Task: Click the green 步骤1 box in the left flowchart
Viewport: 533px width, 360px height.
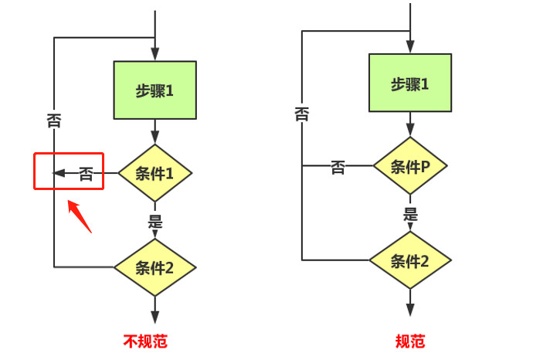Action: click(154, 90)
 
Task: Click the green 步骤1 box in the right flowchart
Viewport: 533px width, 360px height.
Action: click(409, 84)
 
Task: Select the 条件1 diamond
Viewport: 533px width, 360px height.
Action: click(154, 173)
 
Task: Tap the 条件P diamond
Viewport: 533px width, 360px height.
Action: click(410, 166)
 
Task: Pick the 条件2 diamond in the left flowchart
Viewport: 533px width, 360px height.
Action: click(154, 268)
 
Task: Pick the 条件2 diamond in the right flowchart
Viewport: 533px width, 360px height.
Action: click(410, 260)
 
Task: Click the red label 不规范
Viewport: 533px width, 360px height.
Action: click(145, 341)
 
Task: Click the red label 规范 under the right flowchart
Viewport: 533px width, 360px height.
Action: click(410, 341)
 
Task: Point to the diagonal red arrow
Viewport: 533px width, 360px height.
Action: click(80, 216)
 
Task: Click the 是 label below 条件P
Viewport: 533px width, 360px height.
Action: click(410, 215)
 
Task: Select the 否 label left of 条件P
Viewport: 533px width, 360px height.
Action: click(338, 167)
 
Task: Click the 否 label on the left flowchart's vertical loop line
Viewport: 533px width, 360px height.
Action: click(54, 121)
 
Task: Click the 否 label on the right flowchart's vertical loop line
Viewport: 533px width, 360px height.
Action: click(302, 114)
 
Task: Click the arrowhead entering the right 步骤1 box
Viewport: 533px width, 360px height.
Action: click(410, 49)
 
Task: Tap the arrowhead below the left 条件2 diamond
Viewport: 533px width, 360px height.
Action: click(154, 316)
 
